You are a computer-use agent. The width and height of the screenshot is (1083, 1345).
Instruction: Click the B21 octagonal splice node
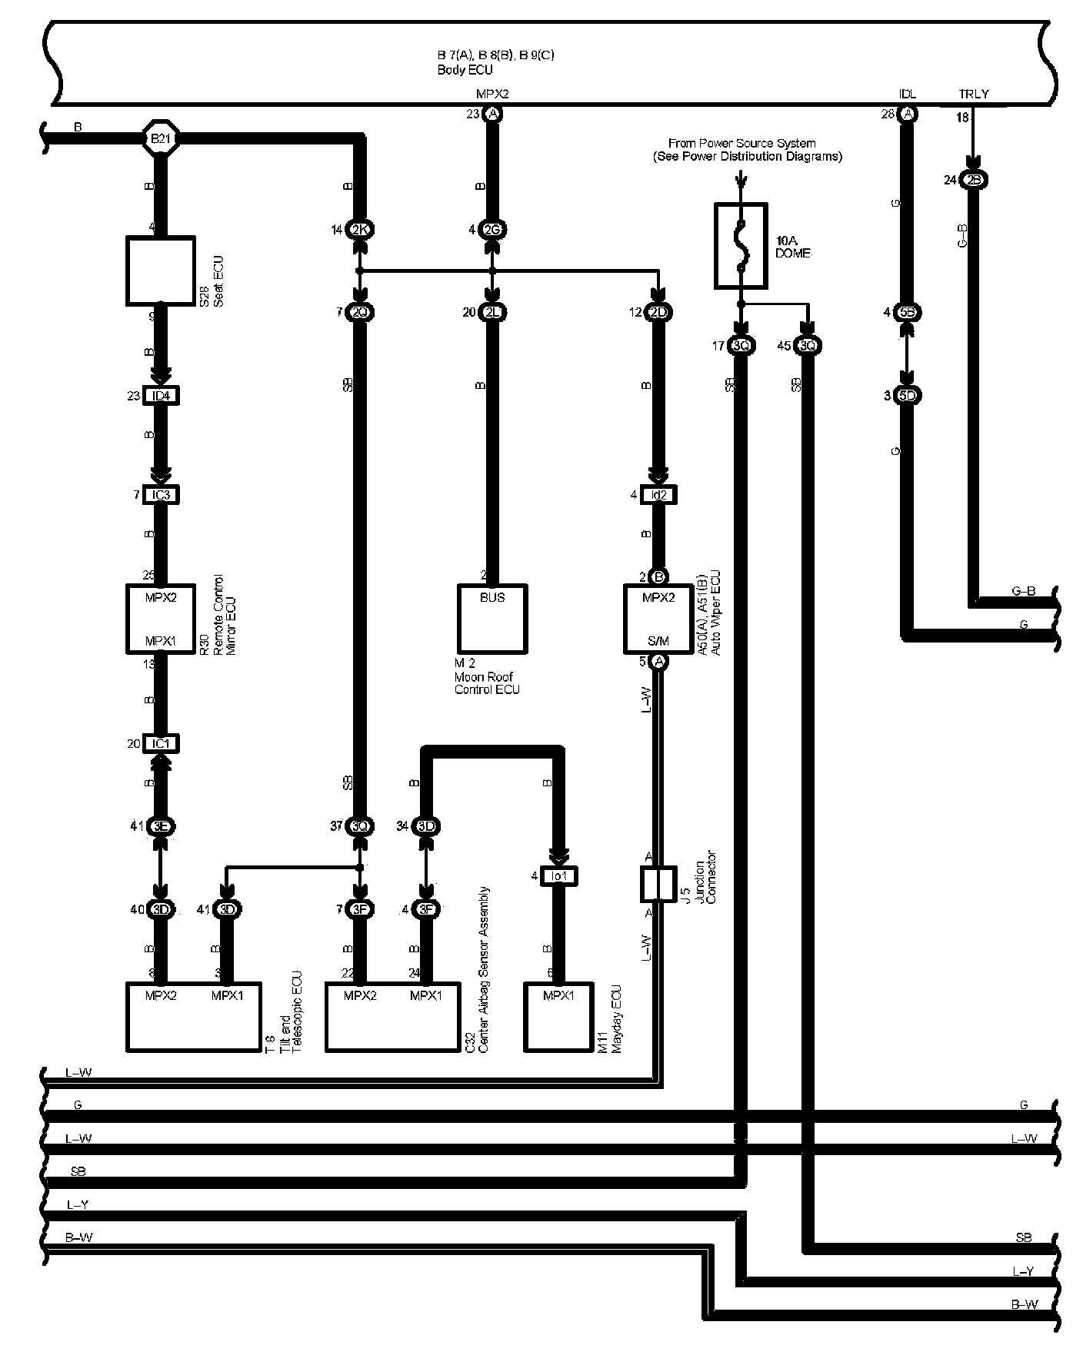[x=160, y=139]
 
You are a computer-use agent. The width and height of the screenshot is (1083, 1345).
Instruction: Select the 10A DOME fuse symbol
[x=741, y=246]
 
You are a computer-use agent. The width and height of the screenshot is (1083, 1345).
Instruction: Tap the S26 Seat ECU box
[x=160, y=271]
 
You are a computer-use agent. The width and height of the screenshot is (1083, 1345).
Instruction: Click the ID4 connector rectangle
[x=161, y=396]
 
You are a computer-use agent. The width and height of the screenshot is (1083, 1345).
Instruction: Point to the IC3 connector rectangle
[x=161, y=495]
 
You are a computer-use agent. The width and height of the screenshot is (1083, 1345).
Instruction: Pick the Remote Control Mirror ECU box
[x=160, y=619]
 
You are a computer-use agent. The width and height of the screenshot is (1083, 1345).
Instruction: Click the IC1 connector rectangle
[x=161, y=743]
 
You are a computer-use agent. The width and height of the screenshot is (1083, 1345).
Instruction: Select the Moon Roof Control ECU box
[x=492, y=619]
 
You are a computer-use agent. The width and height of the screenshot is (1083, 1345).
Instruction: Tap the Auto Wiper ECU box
[x=658, y=619]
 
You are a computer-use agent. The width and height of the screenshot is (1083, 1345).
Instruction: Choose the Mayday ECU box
[x=559, y=1016]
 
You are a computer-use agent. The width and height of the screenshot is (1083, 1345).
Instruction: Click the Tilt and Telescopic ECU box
[x=194, y=1016]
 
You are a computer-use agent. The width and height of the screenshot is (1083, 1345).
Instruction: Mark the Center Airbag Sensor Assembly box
[x=393, y=1016]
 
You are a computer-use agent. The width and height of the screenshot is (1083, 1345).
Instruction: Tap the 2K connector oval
[x=359, y=229]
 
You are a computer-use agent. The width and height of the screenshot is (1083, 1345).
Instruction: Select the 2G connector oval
[x=492, y=229]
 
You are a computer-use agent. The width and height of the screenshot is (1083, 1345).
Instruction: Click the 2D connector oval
[x=658, y=312]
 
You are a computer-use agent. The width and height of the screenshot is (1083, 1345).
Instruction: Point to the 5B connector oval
[x=908, y=312]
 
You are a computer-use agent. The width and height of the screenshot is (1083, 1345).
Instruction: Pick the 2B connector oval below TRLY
[x=974, y=180]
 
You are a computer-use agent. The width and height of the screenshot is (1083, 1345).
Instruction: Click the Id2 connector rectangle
[x=658, y=495]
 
